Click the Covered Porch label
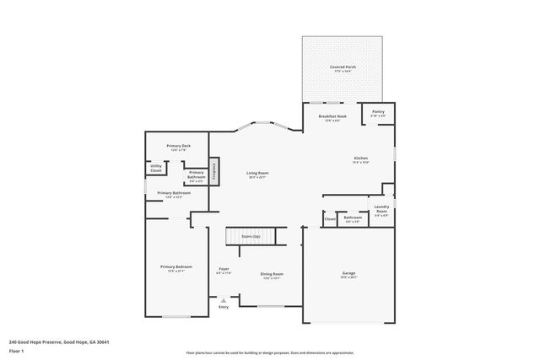point(342,67)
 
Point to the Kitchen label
point(360,159)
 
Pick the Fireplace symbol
point(214,170)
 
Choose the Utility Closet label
point(156,169)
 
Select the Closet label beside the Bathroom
point(330,220)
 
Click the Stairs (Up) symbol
point(251,238)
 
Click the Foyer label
point(224,271)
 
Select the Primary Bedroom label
point(176,268)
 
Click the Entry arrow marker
point(224,300)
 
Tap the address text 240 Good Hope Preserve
point(59,342)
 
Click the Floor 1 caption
point(16,352)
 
